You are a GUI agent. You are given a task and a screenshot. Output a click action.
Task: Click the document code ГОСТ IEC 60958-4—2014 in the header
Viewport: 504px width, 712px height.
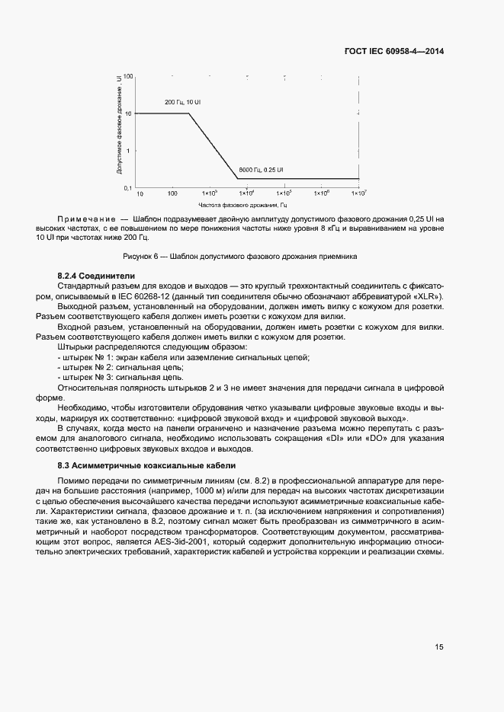pos(393,52)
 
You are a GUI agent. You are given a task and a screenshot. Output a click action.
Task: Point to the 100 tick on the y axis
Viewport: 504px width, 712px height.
pos(128,77)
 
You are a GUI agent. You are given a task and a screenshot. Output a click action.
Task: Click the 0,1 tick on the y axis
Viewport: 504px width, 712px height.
pos(128,187)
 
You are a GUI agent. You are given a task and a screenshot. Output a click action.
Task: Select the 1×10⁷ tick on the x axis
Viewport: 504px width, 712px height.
pos(358,193)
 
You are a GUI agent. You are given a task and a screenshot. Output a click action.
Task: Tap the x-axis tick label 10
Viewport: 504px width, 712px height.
pos(140,193)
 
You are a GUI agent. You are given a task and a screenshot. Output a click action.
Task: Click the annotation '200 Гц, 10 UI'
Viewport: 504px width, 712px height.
pos(183,101)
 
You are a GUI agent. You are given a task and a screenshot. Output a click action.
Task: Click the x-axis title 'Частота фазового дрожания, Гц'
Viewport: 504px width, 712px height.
pos(242,205)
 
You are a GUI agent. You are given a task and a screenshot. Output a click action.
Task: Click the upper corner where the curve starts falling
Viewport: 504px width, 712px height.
pos(189,113)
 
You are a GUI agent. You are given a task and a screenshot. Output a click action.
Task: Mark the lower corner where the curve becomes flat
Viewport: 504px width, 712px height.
pos(238,179)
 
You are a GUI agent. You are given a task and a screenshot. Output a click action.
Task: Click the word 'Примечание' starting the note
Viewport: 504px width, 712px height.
pos(86,219)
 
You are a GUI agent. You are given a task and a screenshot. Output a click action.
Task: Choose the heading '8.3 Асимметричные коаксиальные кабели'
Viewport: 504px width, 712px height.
pos(146,465)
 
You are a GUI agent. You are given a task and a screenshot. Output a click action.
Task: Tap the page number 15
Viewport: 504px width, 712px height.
pos(439,647)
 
